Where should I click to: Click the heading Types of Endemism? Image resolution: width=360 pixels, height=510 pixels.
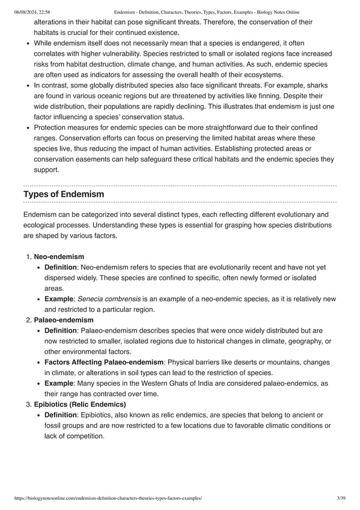point(64,194)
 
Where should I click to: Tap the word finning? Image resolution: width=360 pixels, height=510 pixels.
point(274,96)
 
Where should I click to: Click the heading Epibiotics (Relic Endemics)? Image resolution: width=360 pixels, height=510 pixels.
point(80,404)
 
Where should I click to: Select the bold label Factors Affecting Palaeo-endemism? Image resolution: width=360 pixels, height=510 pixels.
point(103,362)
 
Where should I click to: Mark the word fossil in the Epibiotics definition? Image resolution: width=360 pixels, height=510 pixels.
point(54,426)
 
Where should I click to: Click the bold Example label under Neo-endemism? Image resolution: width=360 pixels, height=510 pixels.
point(59,298)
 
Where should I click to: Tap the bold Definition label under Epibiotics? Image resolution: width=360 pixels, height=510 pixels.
point(60,415)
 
